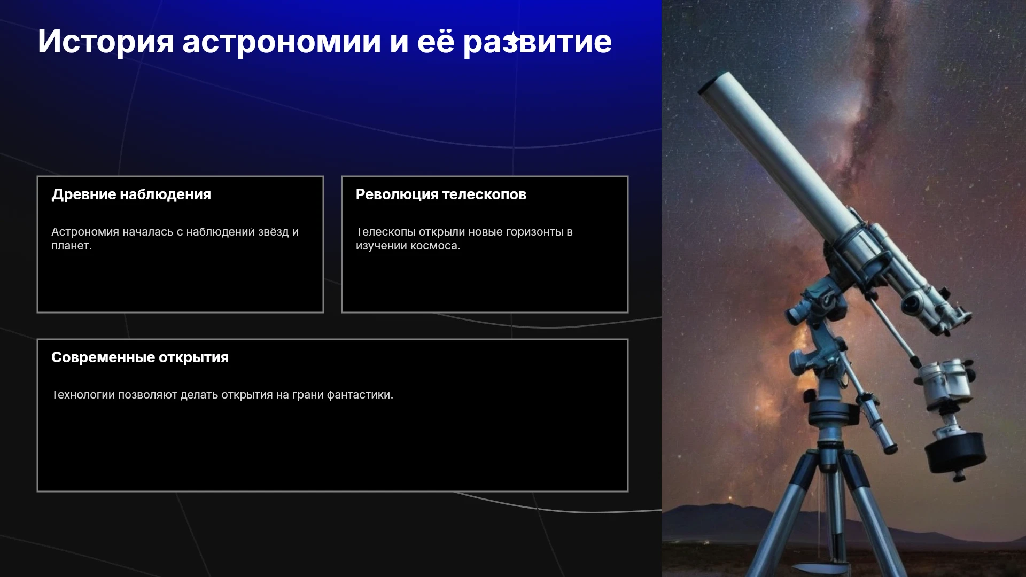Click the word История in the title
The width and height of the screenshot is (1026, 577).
coord(106,42)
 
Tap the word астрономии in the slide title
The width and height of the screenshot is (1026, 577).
coord(282,42)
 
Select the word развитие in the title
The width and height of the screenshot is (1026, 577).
coord(537,42)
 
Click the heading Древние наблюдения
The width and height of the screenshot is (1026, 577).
coord(131,194)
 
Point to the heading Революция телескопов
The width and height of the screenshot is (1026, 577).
coord(441,194)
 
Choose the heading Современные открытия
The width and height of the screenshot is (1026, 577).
coord(140,357)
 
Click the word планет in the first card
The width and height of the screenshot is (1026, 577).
coord(70,246)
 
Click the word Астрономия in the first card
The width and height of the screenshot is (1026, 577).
coord(85,232)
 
